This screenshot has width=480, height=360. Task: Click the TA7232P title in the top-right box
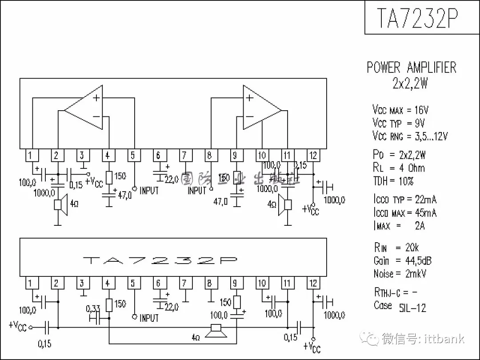point(417,17)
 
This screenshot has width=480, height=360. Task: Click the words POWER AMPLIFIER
point(411,68)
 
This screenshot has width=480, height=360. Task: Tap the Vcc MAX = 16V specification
point(400,110)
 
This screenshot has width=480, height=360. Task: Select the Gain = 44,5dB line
point(402,260)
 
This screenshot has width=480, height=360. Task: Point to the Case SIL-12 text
point(400,306)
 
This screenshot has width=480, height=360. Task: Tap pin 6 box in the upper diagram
point(158,155)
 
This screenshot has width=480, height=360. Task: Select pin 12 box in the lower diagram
point(313,283)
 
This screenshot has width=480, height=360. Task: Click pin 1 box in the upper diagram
point(30,155)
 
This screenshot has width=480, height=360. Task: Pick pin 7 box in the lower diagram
point(185,283)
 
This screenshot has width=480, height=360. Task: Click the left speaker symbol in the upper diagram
point(60,204)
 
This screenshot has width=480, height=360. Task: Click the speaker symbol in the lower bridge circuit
point(216,329)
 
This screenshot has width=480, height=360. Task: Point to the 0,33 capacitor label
point(93,308)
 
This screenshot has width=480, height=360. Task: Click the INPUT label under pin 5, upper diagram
point(149,191)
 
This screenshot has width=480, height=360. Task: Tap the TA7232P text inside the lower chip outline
point(160,260)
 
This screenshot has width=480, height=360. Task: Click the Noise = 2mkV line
point(400,274)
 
